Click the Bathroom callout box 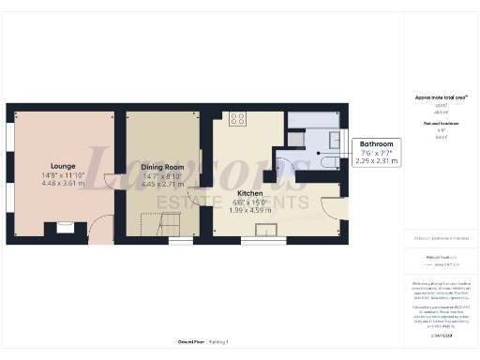click(379, 153)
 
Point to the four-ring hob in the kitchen click(237, 119)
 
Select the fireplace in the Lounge click(65, 225)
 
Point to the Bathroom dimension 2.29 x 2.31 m click(379, 161)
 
